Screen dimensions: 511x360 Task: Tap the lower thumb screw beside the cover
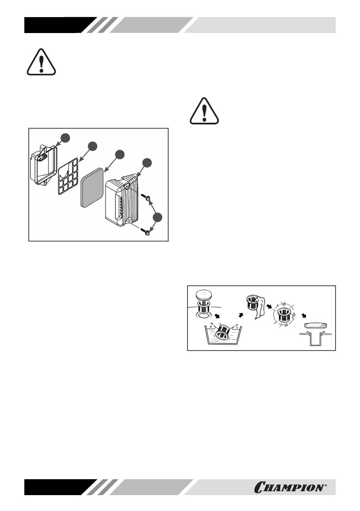pos(147,233)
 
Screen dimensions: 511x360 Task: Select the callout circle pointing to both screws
pos(159,217)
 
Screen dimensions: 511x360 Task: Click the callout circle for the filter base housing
pos(65,137)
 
